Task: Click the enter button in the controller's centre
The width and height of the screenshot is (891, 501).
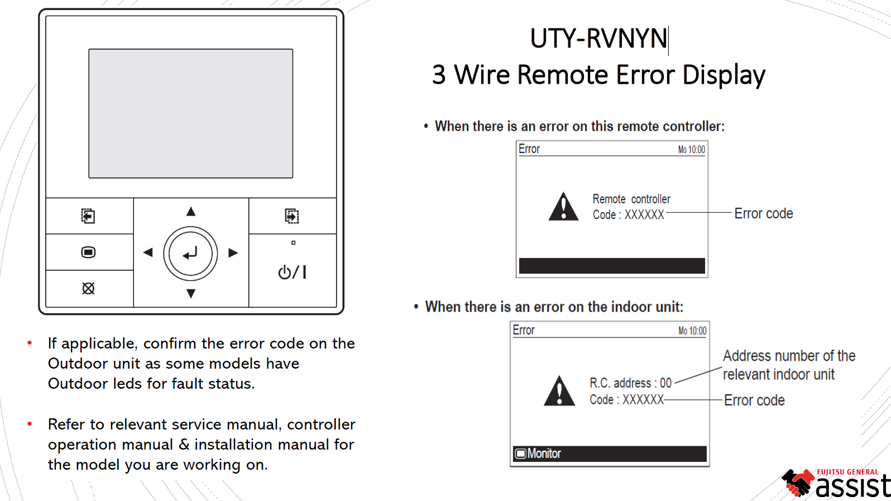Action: (190, 254)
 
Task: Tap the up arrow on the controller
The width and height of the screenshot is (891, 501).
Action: (191, 211)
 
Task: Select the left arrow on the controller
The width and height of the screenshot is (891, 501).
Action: (148, 253)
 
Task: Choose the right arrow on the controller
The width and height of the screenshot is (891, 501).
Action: (233, 253)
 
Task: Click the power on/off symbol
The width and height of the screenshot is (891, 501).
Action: (292, 272)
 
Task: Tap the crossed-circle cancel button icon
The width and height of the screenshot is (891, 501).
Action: (88, 288)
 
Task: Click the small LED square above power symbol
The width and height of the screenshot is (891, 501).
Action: (293, 243)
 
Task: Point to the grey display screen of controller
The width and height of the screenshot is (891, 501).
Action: (190, 113)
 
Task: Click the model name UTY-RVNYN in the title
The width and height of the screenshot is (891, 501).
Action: (598, 39)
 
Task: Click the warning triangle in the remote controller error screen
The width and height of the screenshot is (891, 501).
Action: (563, 207)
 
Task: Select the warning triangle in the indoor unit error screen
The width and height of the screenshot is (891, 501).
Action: (559, 390)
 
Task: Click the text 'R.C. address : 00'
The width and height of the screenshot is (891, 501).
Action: (630, 383)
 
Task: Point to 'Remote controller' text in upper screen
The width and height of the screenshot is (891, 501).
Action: (631, 199)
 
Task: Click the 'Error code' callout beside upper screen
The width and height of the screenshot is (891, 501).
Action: (763, 213)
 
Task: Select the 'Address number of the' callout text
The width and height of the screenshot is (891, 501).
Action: (789, 356)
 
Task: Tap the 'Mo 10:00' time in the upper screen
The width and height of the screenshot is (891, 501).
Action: (691, 150)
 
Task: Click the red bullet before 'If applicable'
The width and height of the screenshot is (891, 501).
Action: (30, 343)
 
